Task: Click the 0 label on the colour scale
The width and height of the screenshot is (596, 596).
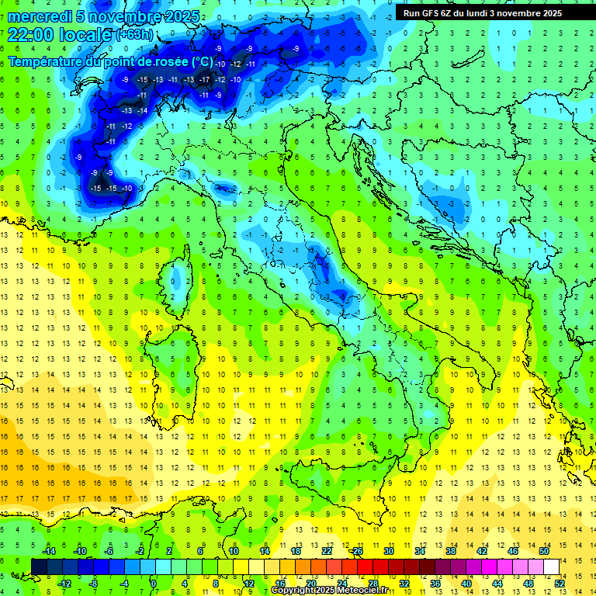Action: [x=154, y=584]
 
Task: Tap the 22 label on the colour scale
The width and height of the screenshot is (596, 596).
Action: [x=327, y=551]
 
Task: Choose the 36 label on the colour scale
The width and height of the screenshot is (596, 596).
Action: [x=435, y=584]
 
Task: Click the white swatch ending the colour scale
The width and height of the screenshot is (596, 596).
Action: [x=551, y=567]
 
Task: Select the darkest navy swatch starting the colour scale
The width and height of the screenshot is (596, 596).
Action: [x=40, y=567]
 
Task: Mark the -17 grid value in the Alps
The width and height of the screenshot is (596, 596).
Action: [x=204, y=79]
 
